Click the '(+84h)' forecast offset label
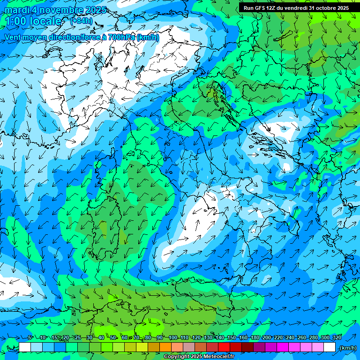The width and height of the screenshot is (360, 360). tap(81, 21)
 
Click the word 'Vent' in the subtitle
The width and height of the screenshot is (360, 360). tap(13, 37)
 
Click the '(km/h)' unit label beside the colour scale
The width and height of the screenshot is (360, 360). tap(348, 347)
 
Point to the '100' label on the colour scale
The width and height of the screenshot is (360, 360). tap(173, 337)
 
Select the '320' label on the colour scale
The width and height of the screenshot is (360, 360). tap(337, 337)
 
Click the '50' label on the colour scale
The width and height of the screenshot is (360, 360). tap(113, 337)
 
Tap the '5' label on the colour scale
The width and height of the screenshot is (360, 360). tap(30, 337)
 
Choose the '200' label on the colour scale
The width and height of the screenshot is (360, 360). tap(266, 337)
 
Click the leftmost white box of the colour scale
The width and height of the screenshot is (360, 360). tap(25, 347)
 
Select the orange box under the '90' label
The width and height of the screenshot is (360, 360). tap(165, 347)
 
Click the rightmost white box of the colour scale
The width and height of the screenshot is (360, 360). tap(330, 347)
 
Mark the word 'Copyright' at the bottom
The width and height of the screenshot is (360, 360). tap(177, 357)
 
